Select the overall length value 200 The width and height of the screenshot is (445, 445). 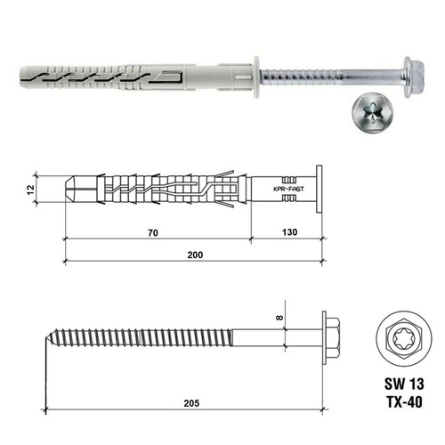tap(195, 255)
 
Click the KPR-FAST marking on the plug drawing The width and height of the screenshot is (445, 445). tap(284, 190)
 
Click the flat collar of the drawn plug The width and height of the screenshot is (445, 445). tap(316, 189)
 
